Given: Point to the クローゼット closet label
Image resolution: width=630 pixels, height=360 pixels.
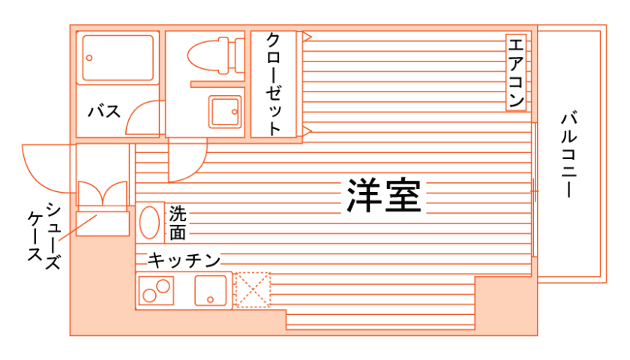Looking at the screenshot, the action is (x=274, y=83).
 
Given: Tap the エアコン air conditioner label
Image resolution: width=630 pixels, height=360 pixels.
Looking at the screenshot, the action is (x=516, y=72).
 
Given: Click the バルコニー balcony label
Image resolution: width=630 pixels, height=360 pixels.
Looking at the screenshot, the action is (x=568, y=154).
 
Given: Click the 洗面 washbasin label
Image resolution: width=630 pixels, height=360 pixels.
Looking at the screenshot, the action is (x=177, y=223).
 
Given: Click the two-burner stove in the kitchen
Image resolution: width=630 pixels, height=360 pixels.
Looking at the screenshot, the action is (x=157, y=290).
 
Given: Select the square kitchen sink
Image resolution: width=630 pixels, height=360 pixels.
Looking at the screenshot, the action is (x=211, y=290).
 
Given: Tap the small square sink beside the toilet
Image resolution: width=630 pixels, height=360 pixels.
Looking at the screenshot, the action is (x=224, y=112).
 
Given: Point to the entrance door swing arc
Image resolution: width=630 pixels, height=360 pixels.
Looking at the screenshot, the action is (x=46, y=165).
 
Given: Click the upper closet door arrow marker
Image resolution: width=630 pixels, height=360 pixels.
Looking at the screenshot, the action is (x=307, y=35).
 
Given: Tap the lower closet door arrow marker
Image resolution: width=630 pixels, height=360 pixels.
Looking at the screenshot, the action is (x=307, y=133).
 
